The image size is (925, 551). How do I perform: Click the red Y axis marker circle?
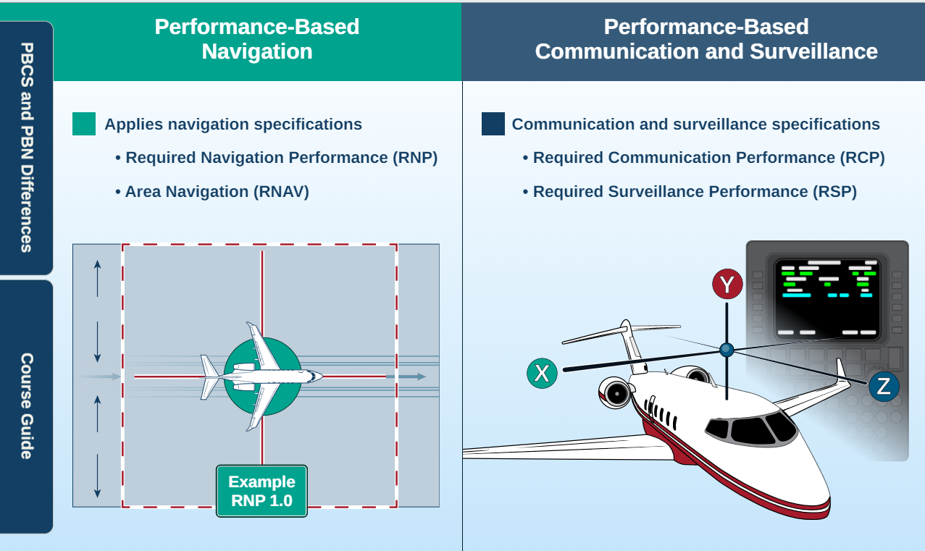[727, 284]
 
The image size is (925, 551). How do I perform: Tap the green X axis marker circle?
[542, 373]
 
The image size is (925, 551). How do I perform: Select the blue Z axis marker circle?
[883, 386]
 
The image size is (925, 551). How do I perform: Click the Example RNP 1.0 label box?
[261, 491]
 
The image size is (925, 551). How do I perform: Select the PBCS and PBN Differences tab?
[26, 148]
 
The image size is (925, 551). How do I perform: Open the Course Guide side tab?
[26, 405]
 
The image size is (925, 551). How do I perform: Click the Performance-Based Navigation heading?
[257, 39]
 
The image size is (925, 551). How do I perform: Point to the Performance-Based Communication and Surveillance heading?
[706, 39]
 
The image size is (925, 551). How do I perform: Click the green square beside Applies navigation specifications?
[84, 124]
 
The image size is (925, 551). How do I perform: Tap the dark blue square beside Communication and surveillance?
[493, 124]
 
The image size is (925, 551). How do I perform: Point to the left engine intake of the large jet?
[616, 393]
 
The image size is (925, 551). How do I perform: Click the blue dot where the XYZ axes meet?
[727, 350]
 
